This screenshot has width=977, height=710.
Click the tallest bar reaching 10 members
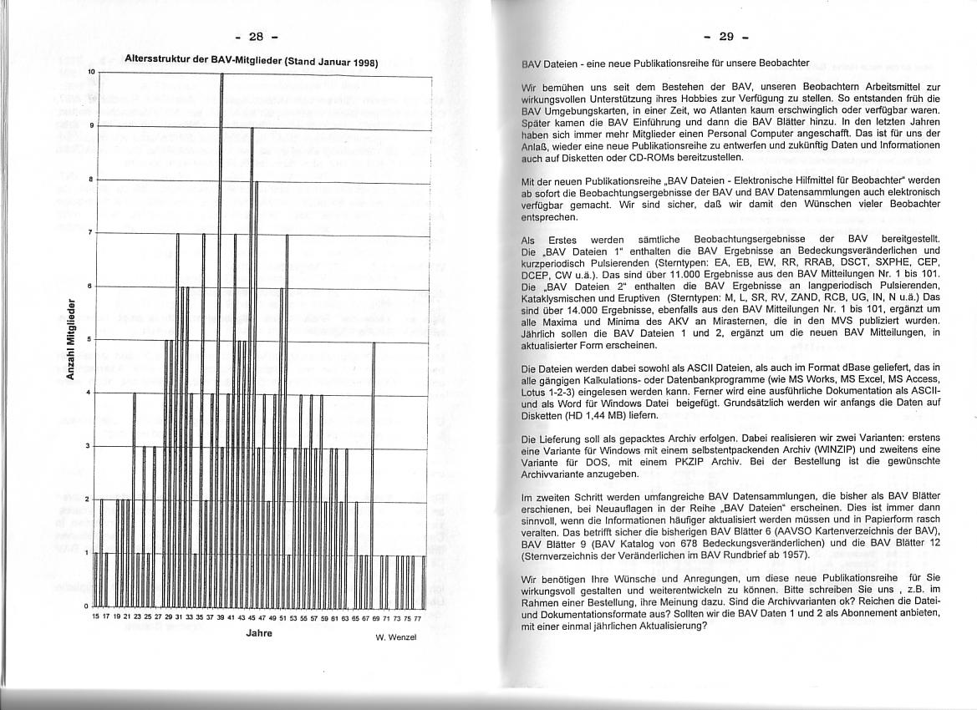click(x=221, y=334)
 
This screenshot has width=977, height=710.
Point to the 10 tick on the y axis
click(x=90, y=74)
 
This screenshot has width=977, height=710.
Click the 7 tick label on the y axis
click(x=91, y=232)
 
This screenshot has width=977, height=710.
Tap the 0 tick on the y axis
click(x=91, y=605)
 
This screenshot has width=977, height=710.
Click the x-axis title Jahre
click(x=260, y=633)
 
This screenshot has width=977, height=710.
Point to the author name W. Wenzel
click(x=396, y=640)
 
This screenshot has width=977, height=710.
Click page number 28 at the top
click(x=256, y=36)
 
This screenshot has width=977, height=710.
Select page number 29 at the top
click(x=725, y=36)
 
